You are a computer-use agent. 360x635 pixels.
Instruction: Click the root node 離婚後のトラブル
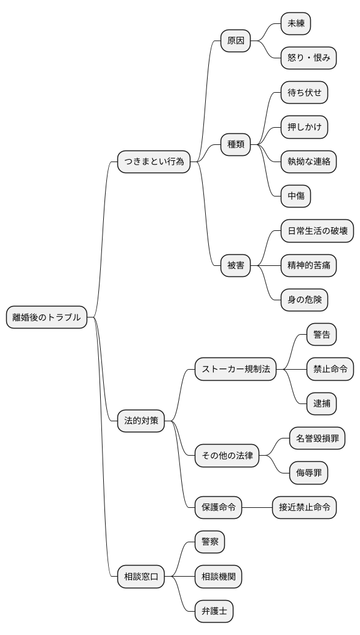[47, 317]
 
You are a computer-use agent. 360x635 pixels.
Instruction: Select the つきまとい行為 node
[154, 162]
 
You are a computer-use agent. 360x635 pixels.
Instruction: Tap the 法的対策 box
[141, 421]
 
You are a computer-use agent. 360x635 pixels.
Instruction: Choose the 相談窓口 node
[141, 577]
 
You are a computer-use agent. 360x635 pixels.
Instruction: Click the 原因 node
[235, 41]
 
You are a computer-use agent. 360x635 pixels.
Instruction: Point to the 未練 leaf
[295, 24]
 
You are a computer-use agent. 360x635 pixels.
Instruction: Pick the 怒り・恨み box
[308, 58]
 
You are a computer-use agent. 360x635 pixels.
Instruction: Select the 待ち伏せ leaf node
[304, 93]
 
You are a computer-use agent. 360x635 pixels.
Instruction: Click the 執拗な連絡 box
[308, 162]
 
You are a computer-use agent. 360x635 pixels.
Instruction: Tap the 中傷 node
[295, 197]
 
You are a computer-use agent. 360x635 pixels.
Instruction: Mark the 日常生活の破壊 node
[317, 231]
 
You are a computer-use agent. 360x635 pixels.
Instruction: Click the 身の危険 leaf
[304, 300]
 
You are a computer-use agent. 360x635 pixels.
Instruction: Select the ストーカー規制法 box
[235, 369]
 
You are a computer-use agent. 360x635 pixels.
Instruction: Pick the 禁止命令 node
[330, 369]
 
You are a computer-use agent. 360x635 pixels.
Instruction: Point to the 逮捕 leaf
[321, 403]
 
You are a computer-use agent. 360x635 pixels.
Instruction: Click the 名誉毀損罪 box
[317, 438]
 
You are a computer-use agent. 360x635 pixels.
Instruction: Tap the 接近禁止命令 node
[304, 507]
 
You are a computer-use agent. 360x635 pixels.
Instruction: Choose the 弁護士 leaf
[214, 611]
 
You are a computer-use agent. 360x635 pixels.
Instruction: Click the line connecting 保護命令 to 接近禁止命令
[257, 507]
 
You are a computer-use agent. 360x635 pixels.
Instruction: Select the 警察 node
[209, 542]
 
